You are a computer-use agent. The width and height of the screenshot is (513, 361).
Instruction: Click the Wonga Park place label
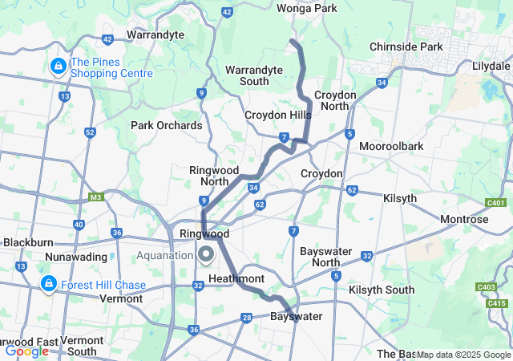[x=307, y=8]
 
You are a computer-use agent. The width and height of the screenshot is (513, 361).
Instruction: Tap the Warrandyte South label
[x=253, y=75]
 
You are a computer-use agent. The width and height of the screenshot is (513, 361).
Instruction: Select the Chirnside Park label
[x=406, y=47]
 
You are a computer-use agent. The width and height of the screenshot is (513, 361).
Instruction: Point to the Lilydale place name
[x=491, y=64]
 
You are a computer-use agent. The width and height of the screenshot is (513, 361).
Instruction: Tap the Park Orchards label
[x=167, y=125]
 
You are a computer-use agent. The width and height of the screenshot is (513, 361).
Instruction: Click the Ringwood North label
[x=210, y=176]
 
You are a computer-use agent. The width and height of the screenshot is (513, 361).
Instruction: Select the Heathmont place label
[x=236, y=278]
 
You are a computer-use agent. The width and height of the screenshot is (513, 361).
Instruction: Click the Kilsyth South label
[x=381, y=290]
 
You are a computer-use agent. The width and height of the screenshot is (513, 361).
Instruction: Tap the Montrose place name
[x=464, y=219]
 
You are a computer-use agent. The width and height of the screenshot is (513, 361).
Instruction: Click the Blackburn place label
[x=28, y=241]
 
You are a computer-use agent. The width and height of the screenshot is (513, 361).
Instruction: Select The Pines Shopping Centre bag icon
[x=57, y=65]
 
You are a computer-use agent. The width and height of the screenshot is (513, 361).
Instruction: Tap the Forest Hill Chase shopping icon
[x=49, y=285]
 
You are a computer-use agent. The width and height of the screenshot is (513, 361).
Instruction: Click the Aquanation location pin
[x=205, y=255]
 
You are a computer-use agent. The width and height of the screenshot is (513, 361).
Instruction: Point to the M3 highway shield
[x=96, y=197]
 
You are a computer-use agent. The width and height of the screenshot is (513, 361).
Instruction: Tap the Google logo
[x=26, y=351]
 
